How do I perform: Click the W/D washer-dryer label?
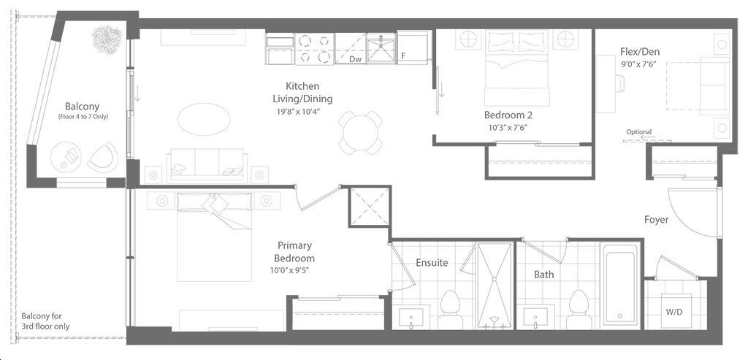[674, 313]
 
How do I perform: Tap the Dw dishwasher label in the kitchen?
[354, 58]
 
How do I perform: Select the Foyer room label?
[657, 220]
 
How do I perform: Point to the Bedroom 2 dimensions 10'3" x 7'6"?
[508, 127]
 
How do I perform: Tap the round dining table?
[360, 133]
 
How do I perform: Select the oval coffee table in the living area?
[204, 119]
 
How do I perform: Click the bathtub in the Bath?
[619, 285]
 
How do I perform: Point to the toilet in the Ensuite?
[449, 309]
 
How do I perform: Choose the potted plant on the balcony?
[107, 39]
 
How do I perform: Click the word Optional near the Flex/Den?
[639, 132]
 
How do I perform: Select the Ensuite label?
[432, 262]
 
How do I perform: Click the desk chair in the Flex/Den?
[619, 83]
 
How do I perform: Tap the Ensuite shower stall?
[495, 285]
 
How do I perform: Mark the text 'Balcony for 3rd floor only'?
[45, 321]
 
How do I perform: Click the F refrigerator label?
[403, 56]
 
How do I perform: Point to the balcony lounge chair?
[102, 157]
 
